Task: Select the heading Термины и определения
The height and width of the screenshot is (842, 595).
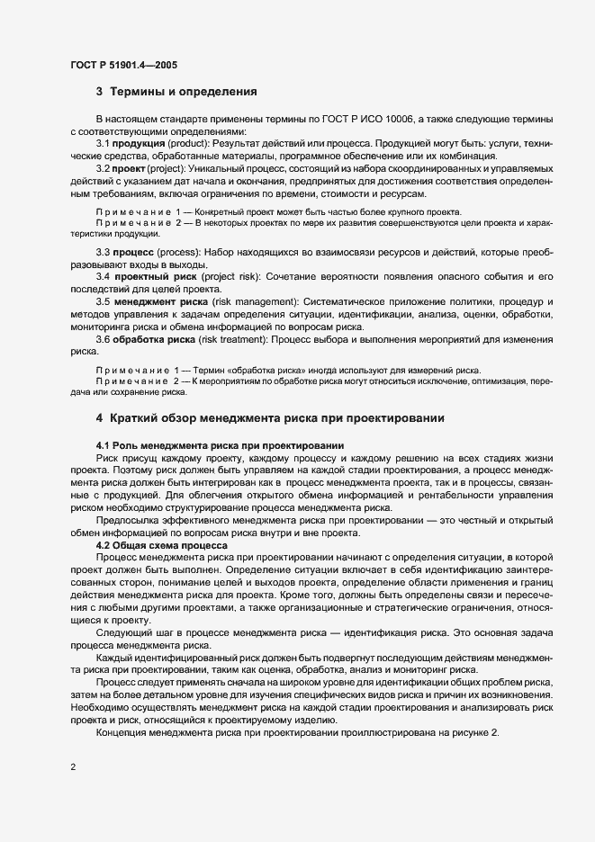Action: (184, 92)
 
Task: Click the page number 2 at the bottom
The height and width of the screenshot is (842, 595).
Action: (73, 767)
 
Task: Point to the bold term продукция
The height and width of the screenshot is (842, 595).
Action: (138, 145)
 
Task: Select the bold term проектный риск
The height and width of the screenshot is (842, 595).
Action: (148, 276)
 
